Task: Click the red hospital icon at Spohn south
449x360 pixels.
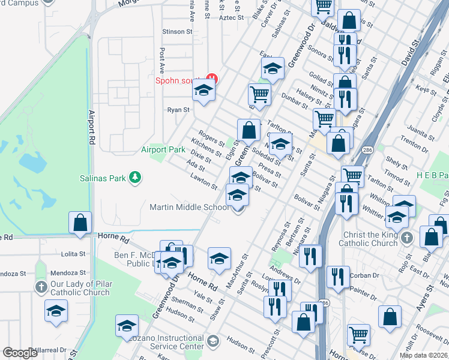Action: tap(211, 77)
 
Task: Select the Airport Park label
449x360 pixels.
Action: tap(163, 149)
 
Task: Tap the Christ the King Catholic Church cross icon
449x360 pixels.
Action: tap(408, 238)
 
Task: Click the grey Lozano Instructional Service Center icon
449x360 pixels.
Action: tap(212, 341)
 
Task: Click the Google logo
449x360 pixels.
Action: tap(19, 352)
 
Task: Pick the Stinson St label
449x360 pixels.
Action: tap(177, 32)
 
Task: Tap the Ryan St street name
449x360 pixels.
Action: tap(178, 110)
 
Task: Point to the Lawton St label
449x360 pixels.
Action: tap(204, 182)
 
